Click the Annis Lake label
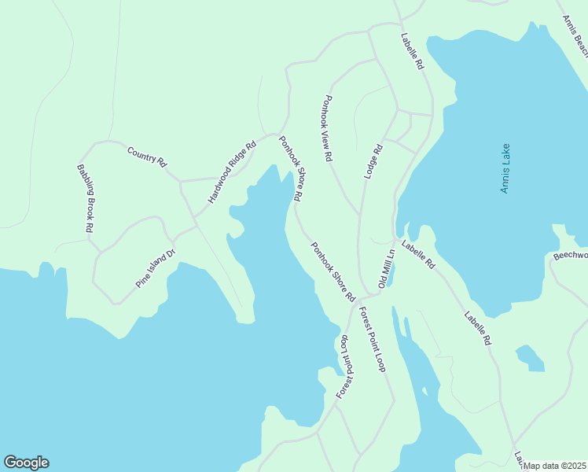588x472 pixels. tap(505, 168)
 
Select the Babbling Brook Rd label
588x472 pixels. tap(85, 197)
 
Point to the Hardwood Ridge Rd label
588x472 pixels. tap(232, 172)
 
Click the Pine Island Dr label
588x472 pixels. tap(155, 268)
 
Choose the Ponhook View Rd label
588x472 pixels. tap(328, 129)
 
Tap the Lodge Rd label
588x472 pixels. tap(373, 161)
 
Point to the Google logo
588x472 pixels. tap(26, 463)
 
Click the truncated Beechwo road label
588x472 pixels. tap(570, 256)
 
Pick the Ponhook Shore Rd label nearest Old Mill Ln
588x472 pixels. tap(333, 272)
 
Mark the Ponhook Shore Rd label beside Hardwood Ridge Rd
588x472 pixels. tap(290, 169)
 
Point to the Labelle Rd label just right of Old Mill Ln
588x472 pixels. tap(417, 256)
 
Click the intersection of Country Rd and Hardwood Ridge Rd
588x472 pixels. tap(181, 181)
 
